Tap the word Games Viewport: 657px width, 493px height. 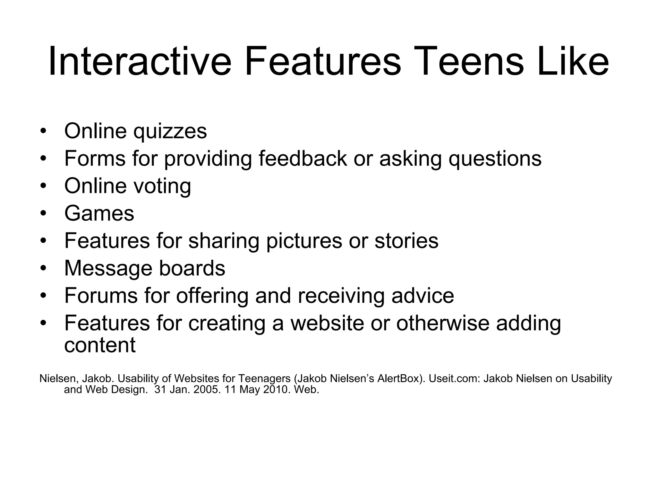coord(99,213)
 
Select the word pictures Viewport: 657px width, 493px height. coord(304,241)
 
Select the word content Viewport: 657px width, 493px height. coord(100,345)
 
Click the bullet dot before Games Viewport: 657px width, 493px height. coord(44,213)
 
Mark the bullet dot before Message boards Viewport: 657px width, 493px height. coord(44,268)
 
